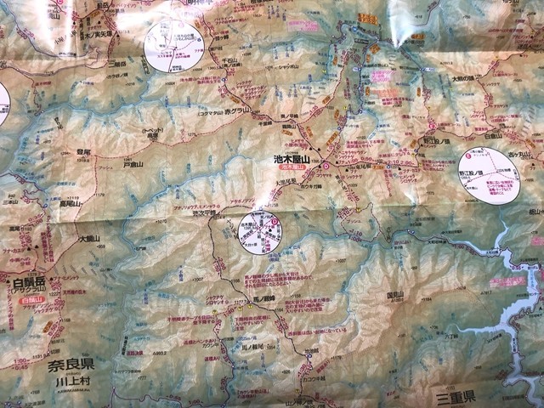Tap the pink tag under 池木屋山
tap(292, 169)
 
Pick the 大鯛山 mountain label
tap(89, 239)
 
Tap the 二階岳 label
tap(119, 63)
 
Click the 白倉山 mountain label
tap(492, 135)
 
